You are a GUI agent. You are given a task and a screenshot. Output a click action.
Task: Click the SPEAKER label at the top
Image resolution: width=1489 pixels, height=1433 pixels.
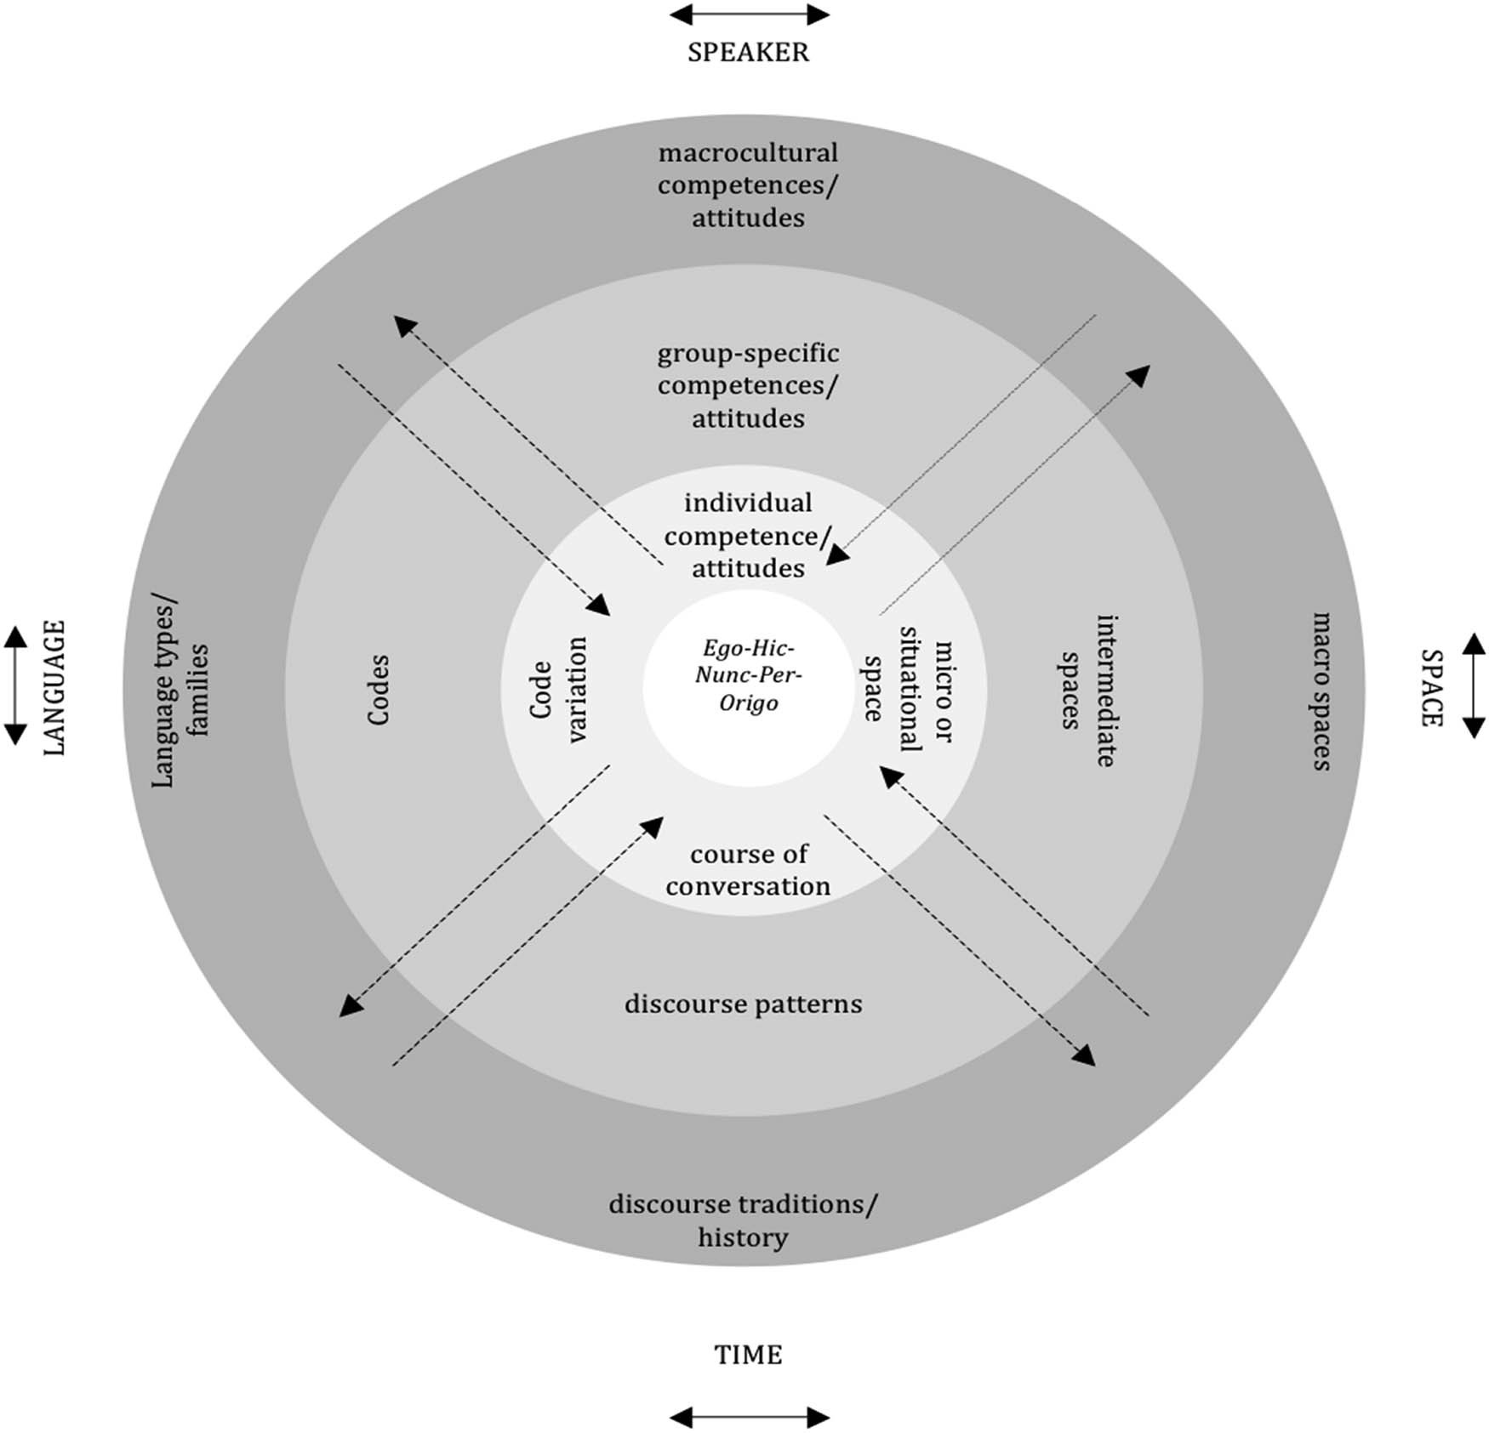[x=748, y=52]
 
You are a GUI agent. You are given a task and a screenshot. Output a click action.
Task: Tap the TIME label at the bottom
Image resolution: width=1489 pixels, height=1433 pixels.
[x=748, y=1354]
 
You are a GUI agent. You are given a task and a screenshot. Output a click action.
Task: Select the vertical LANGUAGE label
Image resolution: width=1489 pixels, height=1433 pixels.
[x=54, y=687]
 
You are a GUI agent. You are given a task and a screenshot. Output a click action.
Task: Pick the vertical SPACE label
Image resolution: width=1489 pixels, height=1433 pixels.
[x=1431, y=687]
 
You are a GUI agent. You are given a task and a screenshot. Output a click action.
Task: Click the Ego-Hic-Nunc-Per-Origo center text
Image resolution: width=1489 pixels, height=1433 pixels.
[x=748, y=676]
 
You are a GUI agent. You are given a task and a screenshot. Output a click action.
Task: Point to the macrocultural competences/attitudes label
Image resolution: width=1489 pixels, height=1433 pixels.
[x=748, y=185]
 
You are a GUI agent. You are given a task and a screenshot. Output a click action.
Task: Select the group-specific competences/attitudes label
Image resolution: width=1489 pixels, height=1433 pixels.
[x=748, y=385]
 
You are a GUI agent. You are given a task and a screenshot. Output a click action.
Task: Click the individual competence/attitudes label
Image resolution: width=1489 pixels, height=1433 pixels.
[x=748, y=536]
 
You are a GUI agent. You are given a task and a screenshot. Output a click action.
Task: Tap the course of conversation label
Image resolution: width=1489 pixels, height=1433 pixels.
[x=748, y=870]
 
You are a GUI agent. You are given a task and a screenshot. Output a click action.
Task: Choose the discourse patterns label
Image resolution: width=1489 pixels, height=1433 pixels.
[x=743, y=1004]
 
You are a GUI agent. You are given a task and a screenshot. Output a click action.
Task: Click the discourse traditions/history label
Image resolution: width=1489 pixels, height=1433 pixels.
[x=743, y=1220]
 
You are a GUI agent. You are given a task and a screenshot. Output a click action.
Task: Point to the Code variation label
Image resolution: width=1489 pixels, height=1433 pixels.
[x=559, y=690]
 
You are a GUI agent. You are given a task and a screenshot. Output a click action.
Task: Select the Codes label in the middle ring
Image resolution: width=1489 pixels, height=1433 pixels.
[x=378, y=690]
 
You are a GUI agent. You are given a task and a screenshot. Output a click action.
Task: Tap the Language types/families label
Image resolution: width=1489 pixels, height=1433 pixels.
[x=180, y=690]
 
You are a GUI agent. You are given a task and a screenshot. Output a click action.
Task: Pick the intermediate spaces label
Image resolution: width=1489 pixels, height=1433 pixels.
[x=1088, y=690]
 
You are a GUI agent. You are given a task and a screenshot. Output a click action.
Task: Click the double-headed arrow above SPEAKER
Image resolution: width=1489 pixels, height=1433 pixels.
[x=749, y=14]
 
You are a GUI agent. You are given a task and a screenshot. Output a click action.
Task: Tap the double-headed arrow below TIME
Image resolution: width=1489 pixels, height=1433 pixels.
[x=749, y=1417]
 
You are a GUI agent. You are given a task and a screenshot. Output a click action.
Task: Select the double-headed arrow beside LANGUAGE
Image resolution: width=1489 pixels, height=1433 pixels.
[x=15, y=685]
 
